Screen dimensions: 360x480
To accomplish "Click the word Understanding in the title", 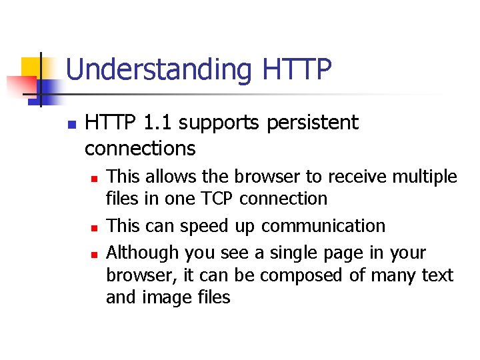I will point(159,69).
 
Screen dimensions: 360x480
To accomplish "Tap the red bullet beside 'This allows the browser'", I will point(95,179).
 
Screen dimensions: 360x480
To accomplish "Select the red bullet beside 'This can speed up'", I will point(95,228).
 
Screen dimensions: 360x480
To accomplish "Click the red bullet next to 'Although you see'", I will point(95,255).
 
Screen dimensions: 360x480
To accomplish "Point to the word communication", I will point(323,226).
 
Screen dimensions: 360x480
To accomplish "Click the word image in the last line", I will point(163,297).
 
